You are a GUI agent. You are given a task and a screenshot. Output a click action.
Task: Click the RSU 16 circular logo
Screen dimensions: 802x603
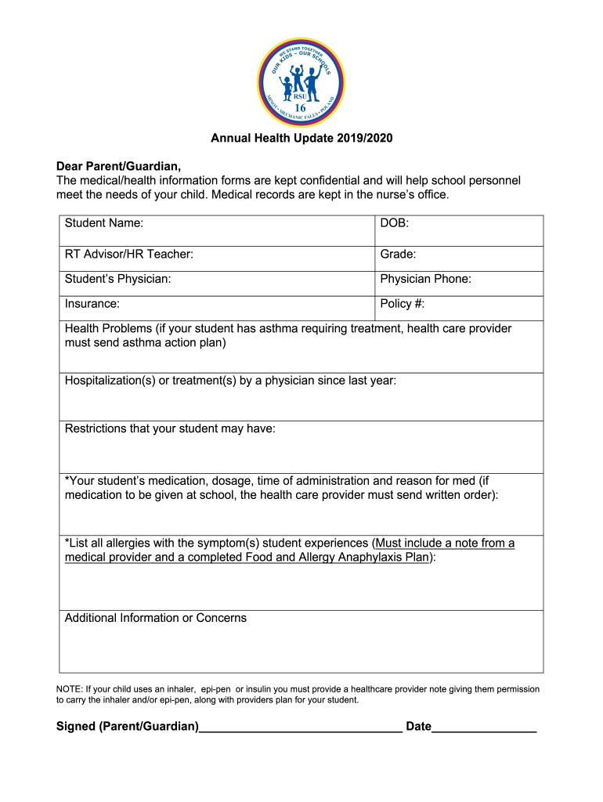click(x=301, y=81)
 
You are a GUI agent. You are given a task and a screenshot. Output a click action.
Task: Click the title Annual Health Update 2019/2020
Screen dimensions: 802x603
click(x=301, y=139)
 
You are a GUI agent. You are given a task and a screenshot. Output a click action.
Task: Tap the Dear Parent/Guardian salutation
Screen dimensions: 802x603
click(x=118, y=166)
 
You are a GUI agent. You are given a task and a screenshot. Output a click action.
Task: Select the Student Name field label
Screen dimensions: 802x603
click(x=104, y=223)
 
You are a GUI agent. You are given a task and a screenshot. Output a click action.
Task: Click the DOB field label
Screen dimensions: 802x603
click(x=395, y=223)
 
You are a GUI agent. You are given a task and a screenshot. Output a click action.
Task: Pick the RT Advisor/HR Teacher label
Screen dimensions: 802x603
click(x=129, y=255)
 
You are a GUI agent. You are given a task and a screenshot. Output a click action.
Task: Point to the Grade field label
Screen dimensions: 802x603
click(x=398, y=255)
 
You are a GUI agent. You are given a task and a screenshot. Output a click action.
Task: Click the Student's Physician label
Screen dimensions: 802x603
click(x=118, y=279)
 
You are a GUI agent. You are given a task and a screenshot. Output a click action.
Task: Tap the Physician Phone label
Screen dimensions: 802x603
click(x=425, y=279)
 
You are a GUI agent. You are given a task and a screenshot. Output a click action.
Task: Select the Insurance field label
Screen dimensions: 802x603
click(x=92, y=303)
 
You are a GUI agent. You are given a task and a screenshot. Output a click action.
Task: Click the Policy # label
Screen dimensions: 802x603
click(x=403, y=303)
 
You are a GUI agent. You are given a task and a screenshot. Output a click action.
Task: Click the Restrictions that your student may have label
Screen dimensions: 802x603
click(x=170, y=428)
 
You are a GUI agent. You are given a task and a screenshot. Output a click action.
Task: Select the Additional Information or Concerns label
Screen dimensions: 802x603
click(x=156, y=618)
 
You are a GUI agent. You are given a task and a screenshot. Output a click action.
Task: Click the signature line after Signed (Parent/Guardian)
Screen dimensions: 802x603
click(x=301, y=728)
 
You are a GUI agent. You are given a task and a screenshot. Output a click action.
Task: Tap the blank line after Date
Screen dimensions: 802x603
click(x=484, y=728)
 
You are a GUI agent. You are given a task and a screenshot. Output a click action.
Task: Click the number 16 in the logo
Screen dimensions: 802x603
click(x=301, y=108)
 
